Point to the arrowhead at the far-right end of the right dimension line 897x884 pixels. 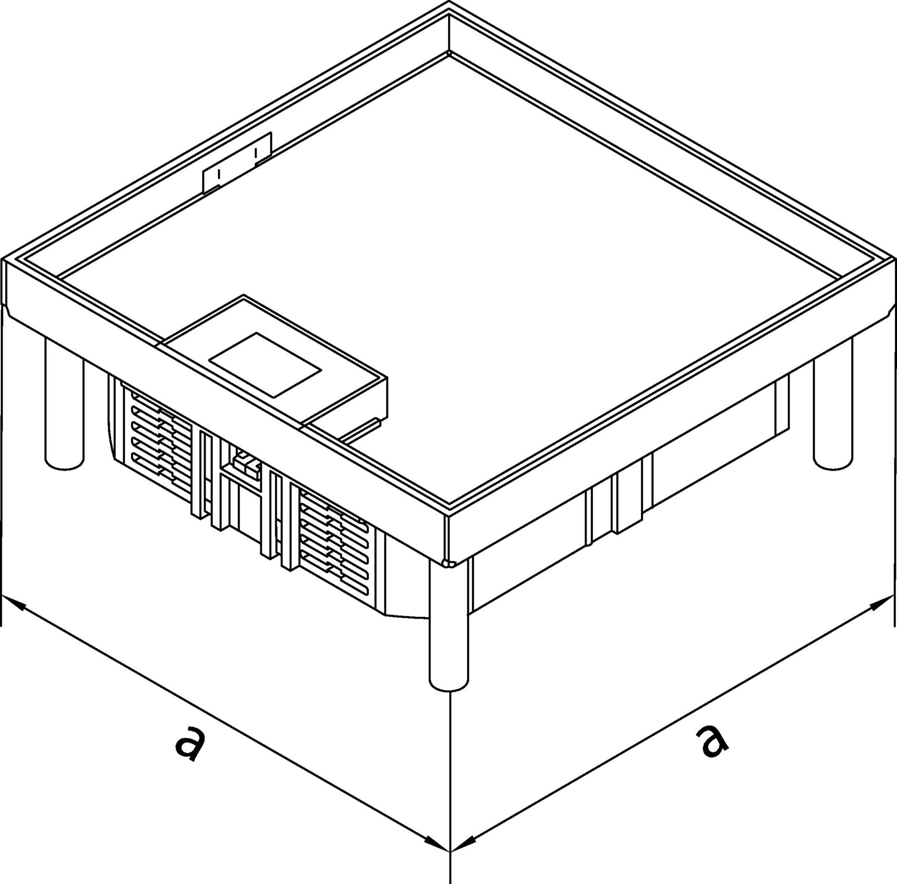(x=882, y=602)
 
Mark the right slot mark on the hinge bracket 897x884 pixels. (x=256, y=152)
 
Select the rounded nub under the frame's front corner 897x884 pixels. (x=448, y=563)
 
